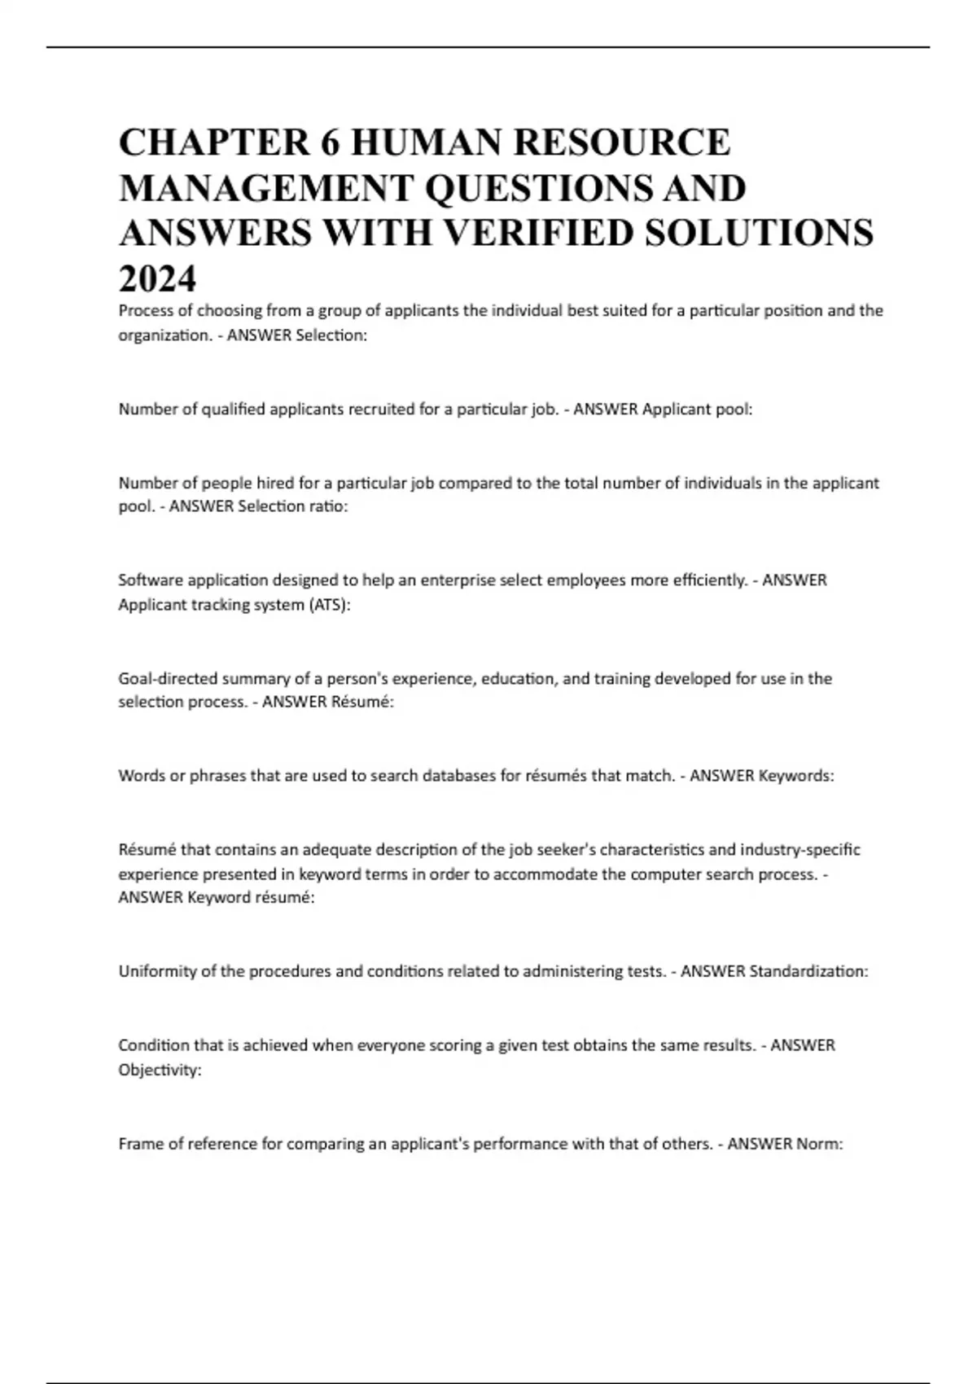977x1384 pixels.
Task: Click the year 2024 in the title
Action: coord(157,278)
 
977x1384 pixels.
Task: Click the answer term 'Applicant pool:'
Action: coord(697,410)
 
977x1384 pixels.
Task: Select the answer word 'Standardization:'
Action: coord(808,971)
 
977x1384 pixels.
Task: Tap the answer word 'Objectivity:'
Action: coord(160,1070)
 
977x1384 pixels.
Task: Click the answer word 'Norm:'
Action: coord(819,1144)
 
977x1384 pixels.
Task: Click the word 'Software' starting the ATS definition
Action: coord(150,580)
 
